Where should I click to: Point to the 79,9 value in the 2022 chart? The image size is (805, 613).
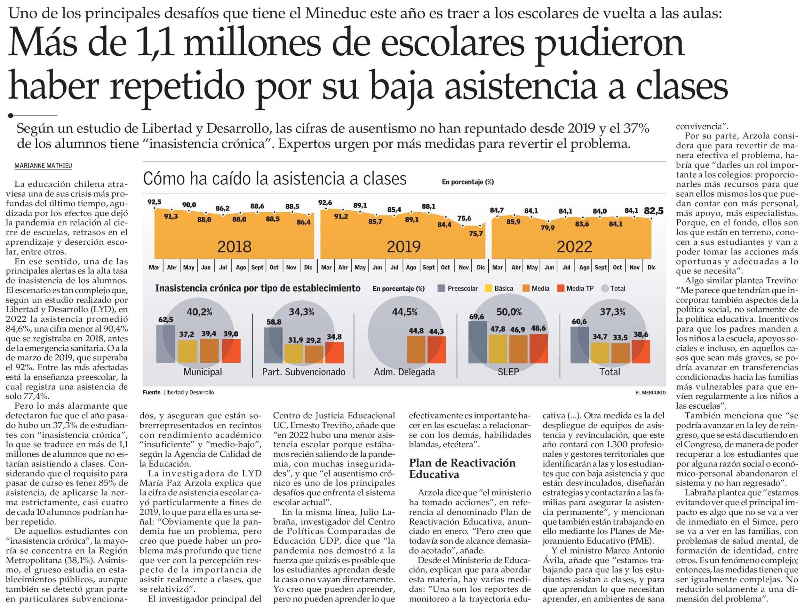(x=548, y=228)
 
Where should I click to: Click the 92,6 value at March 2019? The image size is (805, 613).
(x=325, y=202)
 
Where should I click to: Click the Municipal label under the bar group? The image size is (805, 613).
(x=203, y=372)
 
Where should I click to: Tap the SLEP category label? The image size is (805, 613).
(x=508, y=372)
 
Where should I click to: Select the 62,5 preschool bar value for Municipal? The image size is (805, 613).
(x=166, y=320)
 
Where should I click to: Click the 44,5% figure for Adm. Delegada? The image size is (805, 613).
(x=404, y=312)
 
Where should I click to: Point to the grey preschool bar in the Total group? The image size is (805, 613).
(x=579, y=345)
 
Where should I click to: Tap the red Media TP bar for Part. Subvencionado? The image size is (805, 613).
(x=334, y=352)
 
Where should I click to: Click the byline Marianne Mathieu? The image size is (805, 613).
(x=43, y=166)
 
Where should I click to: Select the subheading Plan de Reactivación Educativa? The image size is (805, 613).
(x=462, y=469)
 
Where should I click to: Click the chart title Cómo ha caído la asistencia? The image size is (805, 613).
(x=275, y=179)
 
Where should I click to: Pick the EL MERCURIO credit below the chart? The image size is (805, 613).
(x=650, y=393)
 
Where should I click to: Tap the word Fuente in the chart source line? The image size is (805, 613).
(x=152, y=393)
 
